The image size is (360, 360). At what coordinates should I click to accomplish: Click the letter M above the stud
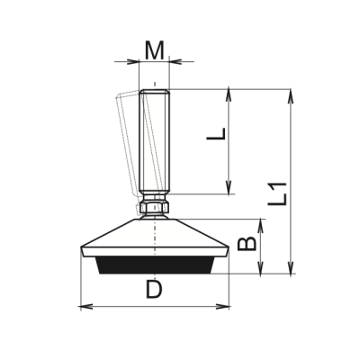pyautogui.click(x=155, y=50)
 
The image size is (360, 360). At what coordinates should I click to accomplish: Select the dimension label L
pyautogui.click(x=216, y=134)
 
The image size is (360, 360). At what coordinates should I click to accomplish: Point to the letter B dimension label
pyautogui.click(x=247, y=244)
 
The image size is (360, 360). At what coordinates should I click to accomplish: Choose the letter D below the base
pyautogui.click(x=154, y=290)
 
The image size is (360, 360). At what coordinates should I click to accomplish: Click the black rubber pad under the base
pyautogui.click(x=155, y=265)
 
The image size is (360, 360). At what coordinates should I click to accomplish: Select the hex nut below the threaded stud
pyautogui.click(x=155, y=207)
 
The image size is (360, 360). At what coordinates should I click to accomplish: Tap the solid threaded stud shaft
pyautogui.click(x=155, y=142)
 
